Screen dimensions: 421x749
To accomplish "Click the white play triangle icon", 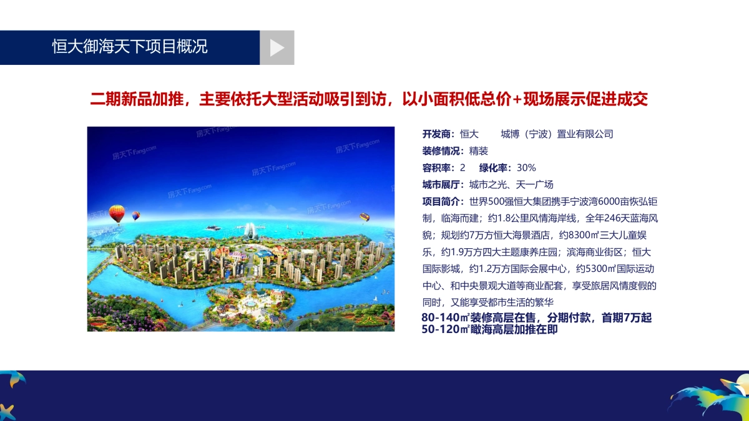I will pyautogui.click(x=277, y=48).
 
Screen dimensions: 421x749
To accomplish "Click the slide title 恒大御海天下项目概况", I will pyautogui.click(x=130, y=47).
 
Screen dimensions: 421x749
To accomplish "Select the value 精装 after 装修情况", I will pyautogui.click(x=479, y=151).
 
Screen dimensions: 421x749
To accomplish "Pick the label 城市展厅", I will pyautogui.click(x=443, y=185).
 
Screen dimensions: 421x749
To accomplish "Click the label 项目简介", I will pyautogui.click(x=443, y=201).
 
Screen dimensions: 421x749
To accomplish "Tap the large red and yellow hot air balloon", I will pyautogui.click(x=117, y=214).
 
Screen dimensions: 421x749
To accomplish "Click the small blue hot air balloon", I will pyautogui.click(x=135, y=216).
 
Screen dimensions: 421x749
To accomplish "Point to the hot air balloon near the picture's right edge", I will pyautogui.click(x=365, y=218).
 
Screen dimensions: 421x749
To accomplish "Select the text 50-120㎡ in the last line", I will pyautogui.click(x=445, y=330).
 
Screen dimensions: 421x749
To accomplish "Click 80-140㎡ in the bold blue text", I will pyautogui.click(x=445, y=318).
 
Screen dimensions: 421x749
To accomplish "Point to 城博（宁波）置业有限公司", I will pyautogui.click(x=557, y=134).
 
